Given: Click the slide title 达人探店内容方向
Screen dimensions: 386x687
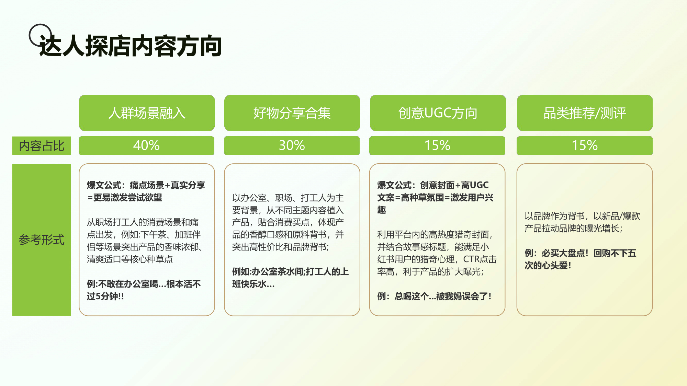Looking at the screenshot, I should click(x=131, y=46).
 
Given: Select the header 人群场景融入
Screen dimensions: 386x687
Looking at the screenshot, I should click(x=147, y=113).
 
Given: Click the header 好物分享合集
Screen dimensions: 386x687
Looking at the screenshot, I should click(x=292, y=113).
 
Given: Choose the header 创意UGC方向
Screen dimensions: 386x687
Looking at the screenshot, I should click(x=438, y=113).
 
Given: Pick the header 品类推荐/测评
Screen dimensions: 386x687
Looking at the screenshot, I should click(x=585, y=113).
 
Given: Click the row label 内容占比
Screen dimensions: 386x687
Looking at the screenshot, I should click(x=42, y=146).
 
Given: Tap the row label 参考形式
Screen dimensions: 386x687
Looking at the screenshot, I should click(x=42, y=239).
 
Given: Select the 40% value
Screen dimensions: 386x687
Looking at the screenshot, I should click(x=146, y=145).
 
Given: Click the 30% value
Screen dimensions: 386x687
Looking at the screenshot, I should click(x=292, y=145).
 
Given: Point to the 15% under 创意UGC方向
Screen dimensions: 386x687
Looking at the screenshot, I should click(x=437, y=145).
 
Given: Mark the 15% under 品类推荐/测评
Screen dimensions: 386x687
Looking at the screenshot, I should click(x=584, y=145).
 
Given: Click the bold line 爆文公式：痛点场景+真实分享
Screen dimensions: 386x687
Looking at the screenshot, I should click(x=146, y=185).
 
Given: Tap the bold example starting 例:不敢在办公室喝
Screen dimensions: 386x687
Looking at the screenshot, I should click(x=144, y=284).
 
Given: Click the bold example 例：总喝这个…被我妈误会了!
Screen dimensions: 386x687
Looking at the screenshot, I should click(x=434, y=296).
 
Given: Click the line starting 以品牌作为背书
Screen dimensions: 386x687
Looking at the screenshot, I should click(x=582, y=216).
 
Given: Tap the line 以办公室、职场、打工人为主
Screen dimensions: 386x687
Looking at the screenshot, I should click(x=288, y=198).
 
